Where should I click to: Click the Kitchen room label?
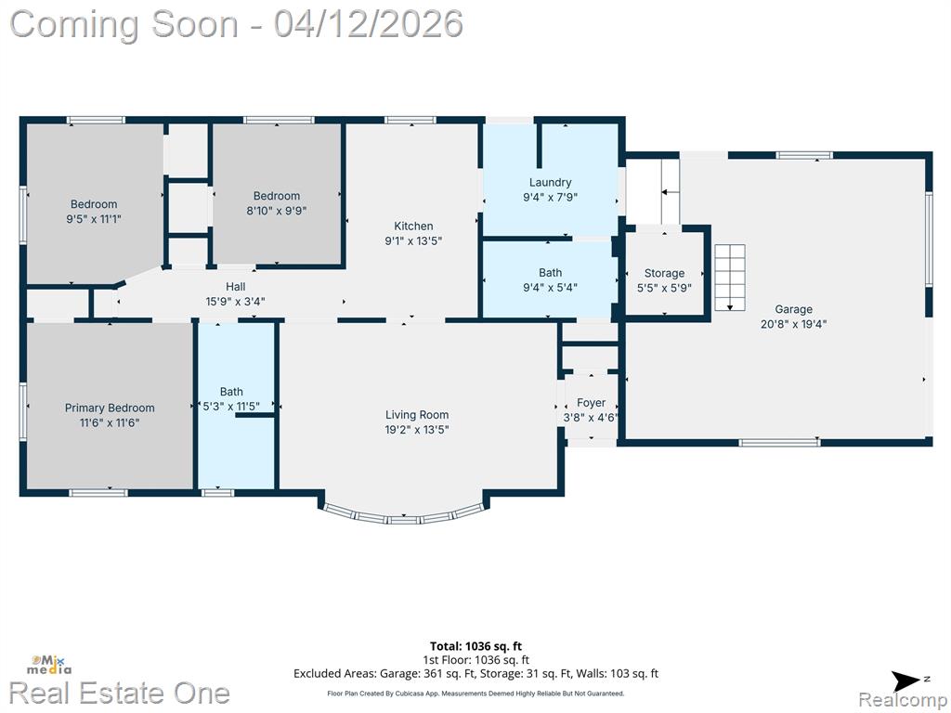(413, 227)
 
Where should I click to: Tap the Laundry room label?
(550, 182)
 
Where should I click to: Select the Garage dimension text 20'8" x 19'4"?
(793, 324)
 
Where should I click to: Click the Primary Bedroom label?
(110, 408)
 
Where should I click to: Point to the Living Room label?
(417, 415)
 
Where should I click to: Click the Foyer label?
(591, 403)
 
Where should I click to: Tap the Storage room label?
(664, 274)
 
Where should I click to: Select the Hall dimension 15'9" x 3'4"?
(235, 302)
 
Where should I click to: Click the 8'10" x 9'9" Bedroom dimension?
(277, 211)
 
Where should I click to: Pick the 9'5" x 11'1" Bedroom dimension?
(94, 219)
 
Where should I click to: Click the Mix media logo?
(48, 665)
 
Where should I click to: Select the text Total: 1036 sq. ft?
(475, 646)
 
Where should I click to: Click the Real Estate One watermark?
(120, 693)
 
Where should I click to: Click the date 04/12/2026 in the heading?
(368, 24)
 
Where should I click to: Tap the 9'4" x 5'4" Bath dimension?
(550, 288)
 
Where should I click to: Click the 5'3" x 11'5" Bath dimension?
(231, 407)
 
